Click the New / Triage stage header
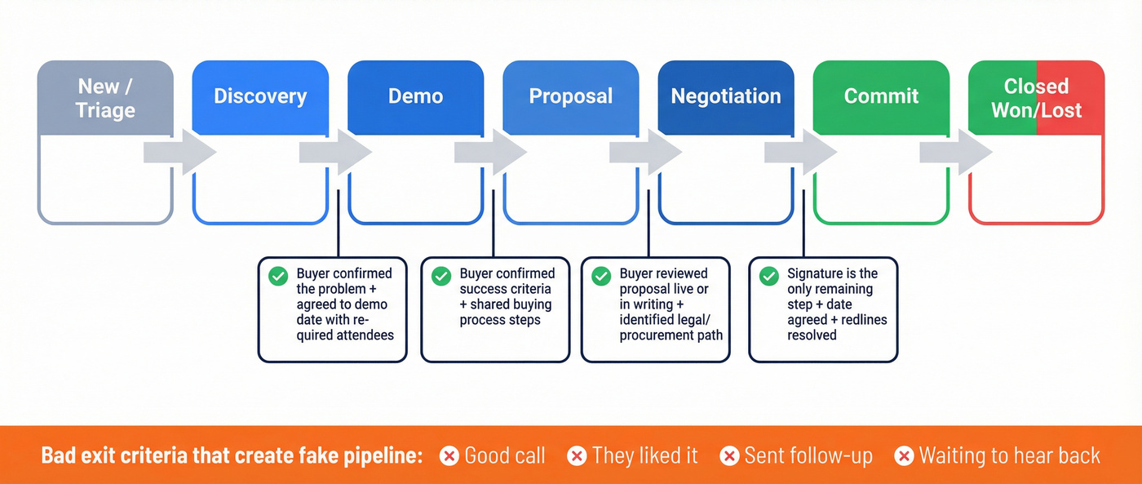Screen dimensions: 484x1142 coord(105,97)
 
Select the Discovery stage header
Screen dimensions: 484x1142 coord(260,96)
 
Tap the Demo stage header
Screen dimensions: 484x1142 coord(415,96)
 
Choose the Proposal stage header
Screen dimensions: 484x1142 coord(570,96)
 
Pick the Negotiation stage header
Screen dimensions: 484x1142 coord(726,96)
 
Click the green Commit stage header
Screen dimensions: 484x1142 coord(881,96)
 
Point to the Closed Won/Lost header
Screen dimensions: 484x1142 coord(1036,97)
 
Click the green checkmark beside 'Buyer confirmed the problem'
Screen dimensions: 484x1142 coord(278,276)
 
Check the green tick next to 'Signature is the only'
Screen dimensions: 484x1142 coord(768,276)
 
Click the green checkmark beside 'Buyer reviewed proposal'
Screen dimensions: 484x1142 coord(601,276)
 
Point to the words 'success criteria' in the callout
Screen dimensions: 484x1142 coord(505,289)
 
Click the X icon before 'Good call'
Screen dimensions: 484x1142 coord(449,455)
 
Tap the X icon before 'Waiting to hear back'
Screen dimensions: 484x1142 coord(904,455)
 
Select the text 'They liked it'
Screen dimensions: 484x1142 coord(644,455)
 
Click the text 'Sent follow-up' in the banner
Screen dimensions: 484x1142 coord(808,455)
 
